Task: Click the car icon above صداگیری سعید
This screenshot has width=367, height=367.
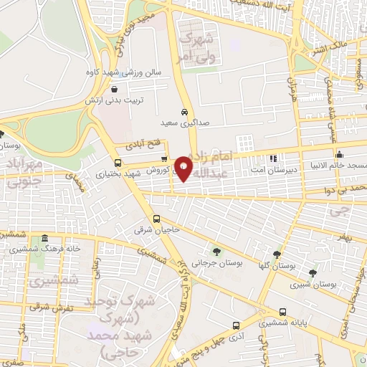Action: click(184, 113)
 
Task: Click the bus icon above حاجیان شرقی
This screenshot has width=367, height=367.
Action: click(157, 219)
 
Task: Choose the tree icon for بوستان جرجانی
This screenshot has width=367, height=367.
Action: click(216, 251)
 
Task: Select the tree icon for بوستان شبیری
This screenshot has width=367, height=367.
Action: click(312, 272)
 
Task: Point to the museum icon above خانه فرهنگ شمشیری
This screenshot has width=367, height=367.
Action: click(45, 239)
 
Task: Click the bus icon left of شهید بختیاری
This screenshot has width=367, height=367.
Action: click(118, 162)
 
